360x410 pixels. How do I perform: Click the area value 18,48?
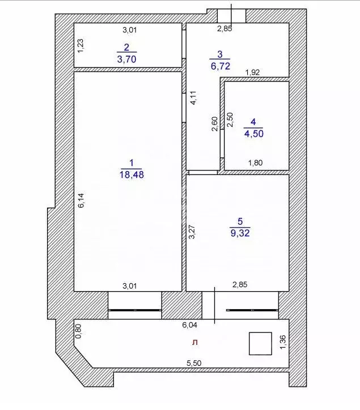[132, 175]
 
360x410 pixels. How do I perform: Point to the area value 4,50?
[253, 134]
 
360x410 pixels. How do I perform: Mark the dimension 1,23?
[81, 45]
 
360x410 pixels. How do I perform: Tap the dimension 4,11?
[194, 99]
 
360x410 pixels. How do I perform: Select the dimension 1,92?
[253, 72]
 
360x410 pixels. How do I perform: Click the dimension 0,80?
[79, 331]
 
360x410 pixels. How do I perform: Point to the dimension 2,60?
[215, 123]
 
